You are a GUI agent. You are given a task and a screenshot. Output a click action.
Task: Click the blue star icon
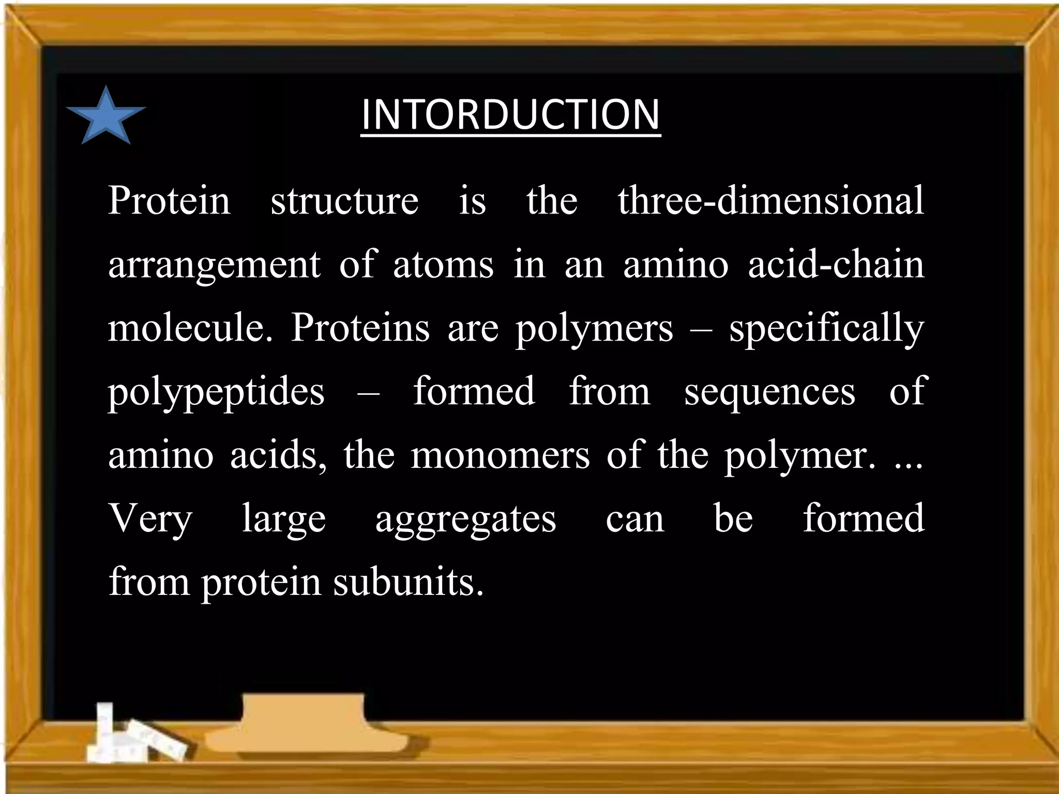(106, 117)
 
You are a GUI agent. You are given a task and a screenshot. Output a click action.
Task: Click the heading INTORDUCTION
(510, 114)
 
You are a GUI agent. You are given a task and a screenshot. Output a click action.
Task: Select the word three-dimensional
(770, 201)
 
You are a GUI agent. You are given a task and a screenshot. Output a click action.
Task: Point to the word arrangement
(214, 265)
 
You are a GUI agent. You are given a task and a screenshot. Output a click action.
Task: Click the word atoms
(443, 265)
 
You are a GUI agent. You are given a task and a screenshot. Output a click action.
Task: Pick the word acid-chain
(836, 265)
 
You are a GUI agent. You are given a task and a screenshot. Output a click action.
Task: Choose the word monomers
(500, 455)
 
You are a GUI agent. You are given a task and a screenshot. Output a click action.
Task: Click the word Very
(150, 518)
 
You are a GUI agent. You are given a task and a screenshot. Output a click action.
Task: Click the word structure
(344, 201)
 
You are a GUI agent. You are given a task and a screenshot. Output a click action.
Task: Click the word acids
(278, 455)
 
